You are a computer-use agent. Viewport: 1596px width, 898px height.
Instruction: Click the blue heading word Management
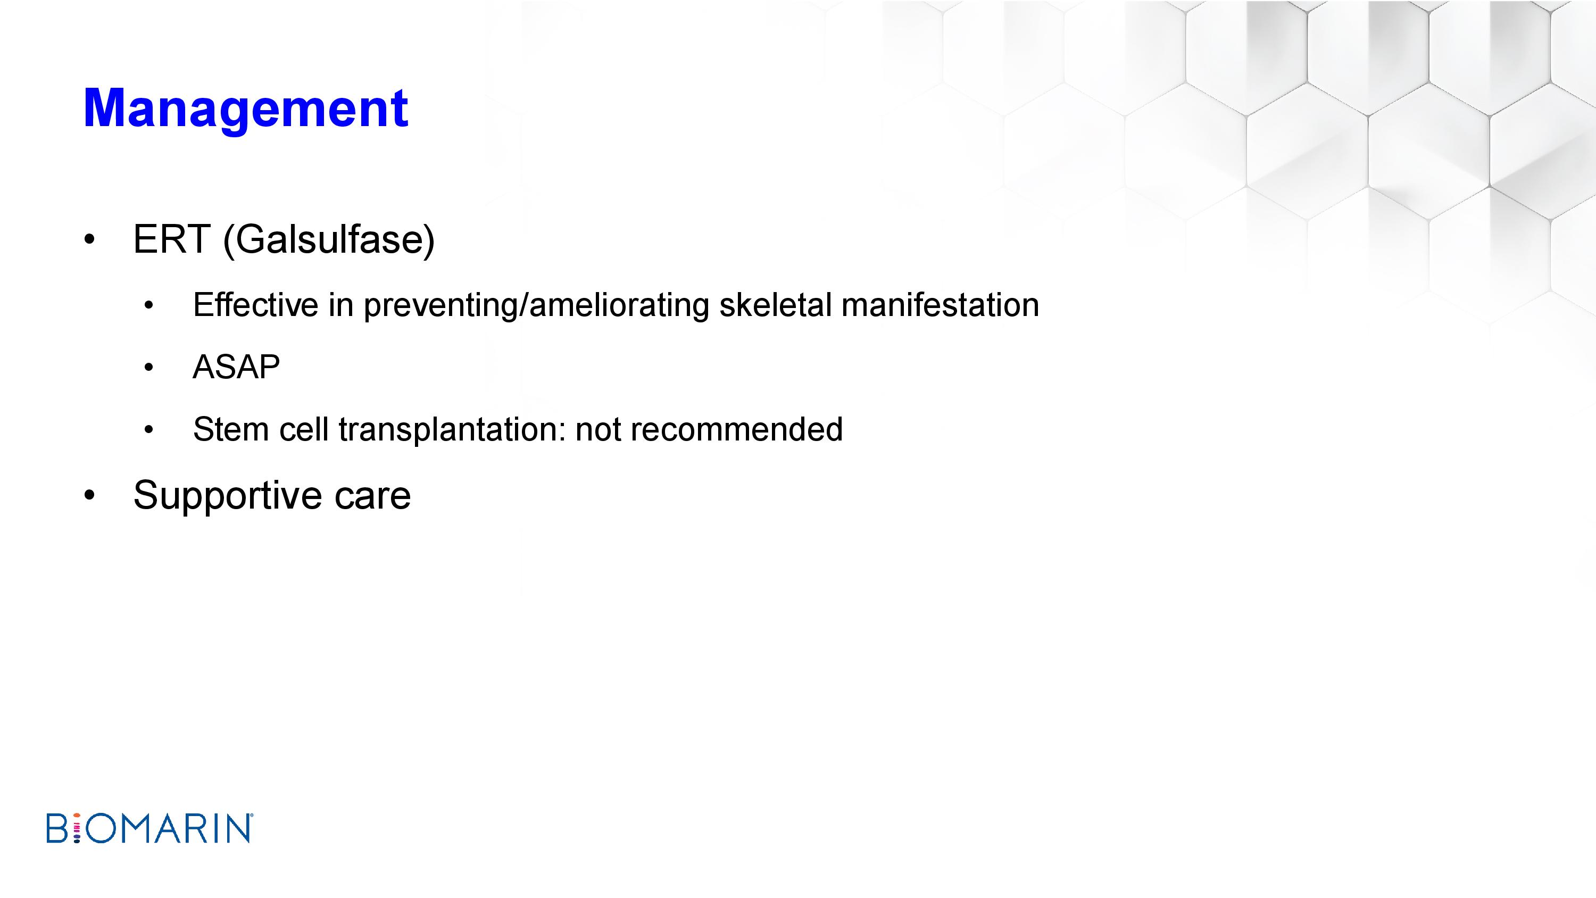[246, 110]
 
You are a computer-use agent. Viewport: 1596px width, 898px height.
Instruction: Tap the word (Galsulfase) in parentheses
[328, 240]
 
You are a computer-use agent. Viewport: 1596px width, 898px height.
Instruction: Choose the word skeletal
[775, 305]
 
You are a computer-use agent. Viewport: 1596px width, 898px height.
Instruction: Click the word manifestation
[940, 305]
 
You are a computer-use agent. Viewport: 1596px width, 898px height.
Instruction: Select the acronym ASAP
[237, 367]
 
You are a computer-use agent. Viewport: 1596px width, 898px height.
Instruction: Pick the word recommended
[737, 429]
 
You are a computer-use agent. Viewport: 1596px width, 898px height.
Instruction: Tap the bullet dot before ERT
[89, 240]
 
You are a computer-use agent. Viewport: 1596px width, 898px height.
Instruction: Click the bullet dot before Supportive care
[89, 496]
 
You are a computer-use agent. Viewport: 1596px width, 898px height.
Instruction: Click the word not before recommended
[598, 430]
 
